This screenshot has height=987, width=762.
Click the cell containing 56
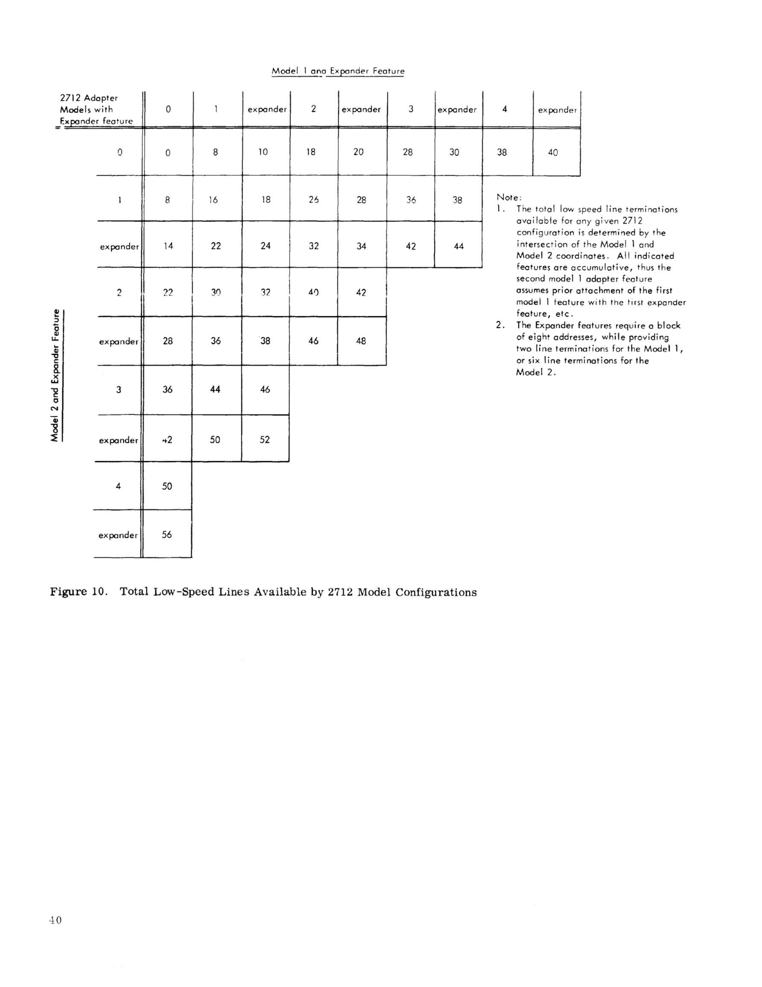point(167,535)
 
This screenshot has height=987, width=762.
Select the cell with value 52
point(265,439)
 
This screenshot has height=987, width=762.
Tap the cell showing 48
point(361,341)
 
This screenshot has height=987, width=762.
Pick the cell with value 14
point(168,246)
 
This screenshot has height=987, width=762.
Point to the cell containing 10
point(263,152)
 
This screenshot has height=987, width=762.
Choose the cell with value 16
point(213,200)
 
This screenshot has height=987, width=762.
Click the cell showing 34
point(361,246)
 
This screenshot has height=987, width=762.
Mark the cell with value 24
point(266,246)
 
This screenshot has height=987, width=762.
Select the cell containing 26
point(314,200)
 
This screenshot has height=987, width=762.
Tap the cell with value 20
point(358,152)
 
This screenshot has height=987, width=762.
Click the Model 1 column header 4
point(504,109)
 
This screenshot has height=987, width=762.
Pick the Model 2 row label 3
point(118,389)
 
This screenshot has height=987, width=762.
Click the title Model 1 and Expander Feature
point(338,71)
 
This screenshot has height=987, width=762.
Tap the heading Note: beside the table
point(509,197)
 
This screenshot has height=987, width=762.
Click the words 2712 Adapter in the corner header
point(89,98)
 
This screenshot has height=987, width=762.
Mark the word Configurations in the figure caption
point(436,592)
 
